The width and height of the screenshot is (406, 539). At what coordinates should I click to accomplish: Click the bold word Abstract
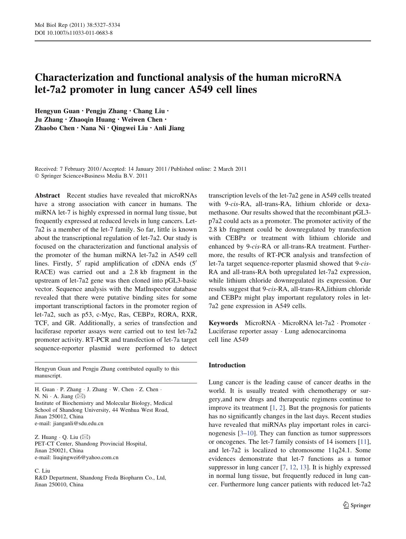pyautogui.click(x=47, y=196)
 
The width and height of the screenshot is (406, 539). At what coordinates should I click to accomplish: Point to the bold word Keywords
pyautogui.click(x=223, y=323)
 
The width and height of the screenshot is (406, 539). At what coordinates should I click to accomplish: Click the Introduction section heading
pyautogui.click(x=227, y=365)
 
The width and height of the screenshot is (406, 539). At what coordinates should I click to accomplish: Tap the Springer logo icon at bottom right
pyautogui.click(x=346, y=505)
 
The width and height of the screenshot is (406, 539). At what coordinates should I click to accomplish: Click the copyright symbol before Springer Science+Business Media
pyautogui.click(x=37, y=176)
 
